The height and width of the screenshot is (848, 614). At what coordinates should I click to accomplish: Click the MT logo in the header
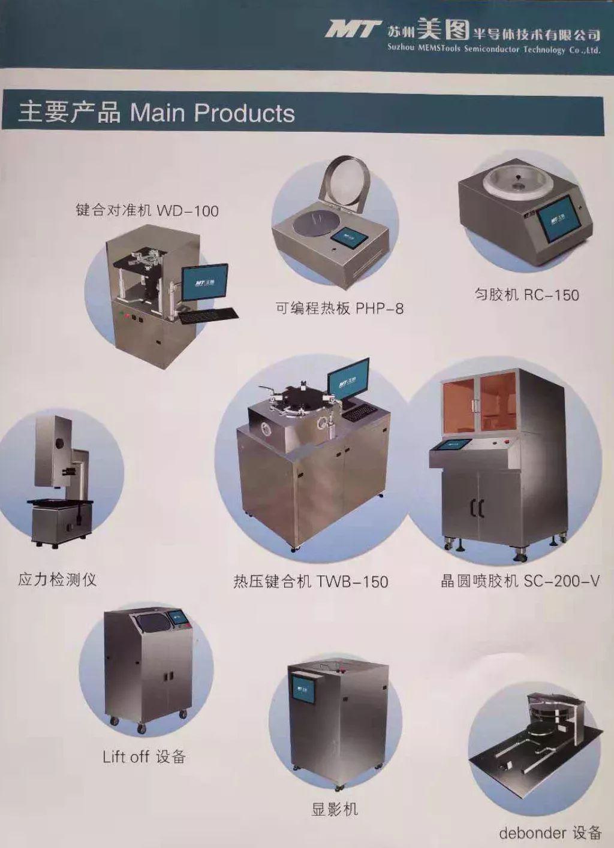point(353,29)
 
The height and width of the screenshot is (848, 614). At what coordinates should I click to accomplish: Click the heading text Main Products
point(212,113)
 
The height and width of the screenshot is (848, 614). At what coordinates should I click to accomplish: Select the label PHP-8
point(380,309)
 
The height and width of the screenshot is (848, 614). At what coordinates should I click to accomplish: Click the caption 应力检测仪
point(57,580)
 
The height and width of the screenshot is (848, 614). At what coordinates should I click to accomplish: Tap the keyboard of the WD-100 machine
point(208,315)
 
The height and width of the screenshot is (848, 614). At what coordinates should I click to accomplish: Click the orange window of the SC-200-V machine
point(479,403)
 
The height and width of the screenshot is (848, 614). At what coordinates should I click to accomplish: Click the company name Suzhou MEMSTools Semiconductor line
point(494,49)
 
